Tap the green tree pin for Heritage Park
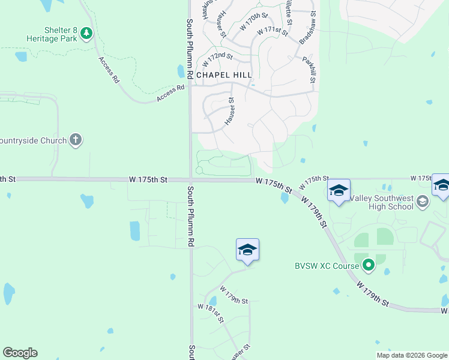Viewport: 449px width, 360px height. click(87, 33)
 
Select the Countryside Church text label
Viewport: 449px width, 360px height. click(32, 140)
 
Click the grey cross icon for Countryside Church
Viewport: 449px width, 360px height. click(75, 140)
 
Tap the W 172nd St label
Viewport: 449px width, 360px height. click(218, 58)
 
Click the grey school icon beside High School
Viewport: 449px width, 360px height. click(423, 202)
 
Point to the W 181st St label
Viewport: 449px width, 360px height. click(211, 313)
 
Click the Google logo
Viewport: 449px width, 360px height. click(20, 353)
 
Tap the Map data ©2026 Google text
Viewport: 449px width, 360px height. click(411, 355)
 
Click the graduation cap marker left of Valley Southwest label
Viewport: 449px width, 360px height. click(339, 191)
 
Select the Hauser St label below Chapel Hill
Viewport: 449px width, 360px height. click(230, 112)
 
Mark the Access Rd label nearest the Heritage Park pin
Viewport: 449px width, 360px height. click(108, 69)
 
